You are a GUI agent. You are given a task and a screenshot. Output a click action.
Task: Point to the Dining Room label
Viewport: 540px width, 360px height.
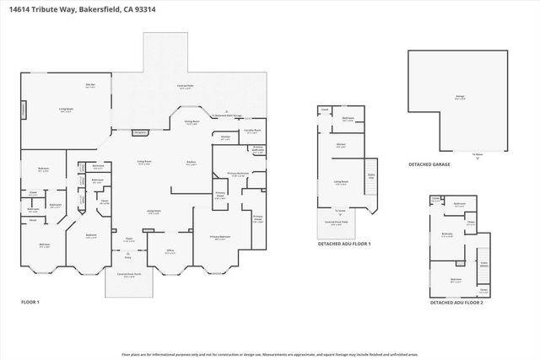[191, 122]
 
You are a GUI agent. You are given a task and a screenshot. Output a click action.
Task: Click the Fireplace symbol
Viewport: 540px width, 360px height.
[141, 132]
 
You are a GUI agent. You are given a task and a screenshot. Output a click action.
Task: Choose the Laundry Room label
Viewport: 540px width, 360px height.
[251, 132]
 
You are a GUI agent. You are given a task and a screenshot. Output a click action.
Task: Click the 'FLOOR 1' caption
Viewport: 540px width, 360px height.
[30, 301]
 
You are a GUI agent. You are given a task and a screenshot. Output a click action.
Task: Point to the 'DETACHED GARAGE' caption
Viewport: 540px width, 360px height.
[428, 164]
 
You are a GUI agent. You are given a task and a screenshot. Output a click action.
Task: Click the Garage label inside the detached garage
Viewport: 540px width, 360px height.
[460, 97]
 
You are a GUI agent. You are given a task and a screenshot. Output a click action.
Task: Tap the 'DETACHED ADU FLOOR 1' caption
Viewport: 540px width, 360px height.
[343, 243]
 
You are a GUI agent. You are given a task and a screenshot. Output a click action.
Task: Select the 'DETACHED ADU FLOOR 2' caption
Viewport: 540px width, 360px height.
[456, 301]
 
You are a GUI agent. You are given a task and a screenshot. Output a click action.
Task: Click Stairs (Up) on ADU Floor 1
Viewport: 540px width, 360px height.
[370, 175]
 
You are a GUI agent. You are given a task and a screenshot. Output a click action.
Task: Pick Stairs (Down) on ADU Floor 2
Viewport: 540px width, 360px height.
[483, 262]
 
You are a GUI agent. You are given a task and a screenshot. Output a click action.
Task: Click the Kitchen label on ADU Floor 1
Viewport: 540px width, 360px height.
[342, 145]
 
